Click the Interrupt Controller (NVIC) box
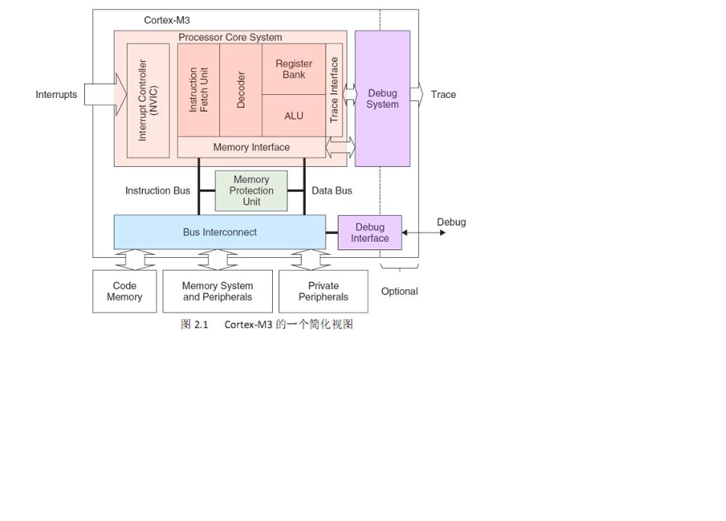pyautogui.click(x=148, y=100)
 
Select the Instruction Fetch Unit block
pyautogui.click(x=199, y=90)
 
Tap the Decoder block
pyautogui.click(x=241, y=90)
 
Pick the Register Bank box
pyautogui.click(x=293, y=70)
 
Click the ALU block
pyautogui.click(x=293, y=116)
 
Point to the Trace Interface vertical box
pyautogui.click(x=334, y=90)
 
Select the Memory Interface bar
pyautogui.click(x=251, y=147)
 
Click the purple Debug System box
pyautogui.click(x=382, y=99)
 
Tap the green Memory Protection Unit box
pyautogui.click(x=251, y=190)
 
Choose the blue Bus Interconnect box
pyautogui.click(x=219, y=232)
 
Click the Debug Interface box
pyautogui.click(x=370, y=233)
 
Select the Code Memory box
pyautogui.click(x=125, y=291)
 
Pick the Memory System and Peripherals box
pyautogui.click(x=218, y=291)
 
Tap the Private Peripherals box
pyautogui.click(x=323, y=291)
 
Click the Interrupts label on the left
pyautogui.click(x=57, y=95)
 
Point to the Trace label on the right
pyautogui.click(x=443, y=95)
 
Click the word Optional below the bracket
pyautogui.click(x=400, y=291)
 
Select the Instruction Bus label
pyautogui.click(x=157, y=190)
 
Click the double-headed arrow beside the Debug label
pyautogui.click(x=424, y=233)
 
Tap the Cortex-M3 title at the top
pyautogui.click(x=167, y=20)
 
